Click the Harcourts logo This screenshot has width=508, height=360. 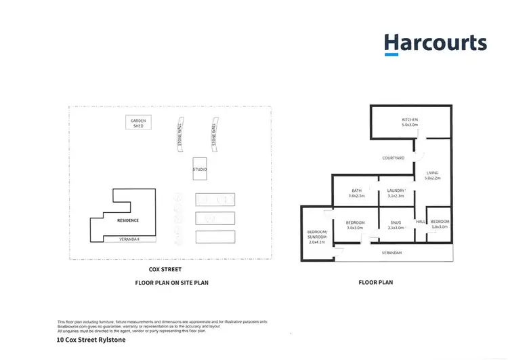click(x=435, y=43)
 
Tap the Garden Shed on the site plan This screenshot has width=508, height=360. click(x=138, y=123)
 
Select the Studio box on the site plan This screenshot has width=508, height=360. click(x=200, y=169)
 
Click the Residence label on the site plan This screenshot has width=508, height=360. click(x=128, y=220)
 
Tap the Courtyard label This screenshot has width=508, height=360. click(x=393, y=158)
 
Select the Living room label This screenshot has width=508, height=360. click(x=432, y=176)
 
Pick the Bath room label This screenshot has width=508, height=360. click(x=356, y=193)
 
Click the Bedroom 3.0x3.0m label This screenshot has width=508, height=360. click(x=356, y=225)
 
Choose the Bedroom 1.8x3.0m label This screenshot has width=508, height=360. click(x=440, y=224)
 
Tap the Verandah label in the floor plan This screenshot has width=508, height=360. click(x=391, y=253)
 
